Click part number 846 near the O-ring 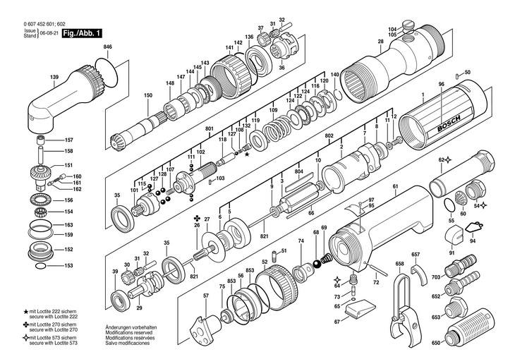pyautogui.click(x=107, y=47)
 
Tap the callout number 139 pyautogui.click(x=54, y=76)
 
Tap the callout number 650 pyautogui.click(x=435, y=343)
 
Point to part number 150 pyautogui.click(x=148, y=95)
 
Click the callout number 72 pyautogui.click(x=376, y=281)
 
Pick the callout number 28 pyautogui.click(x=380, y=42)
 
